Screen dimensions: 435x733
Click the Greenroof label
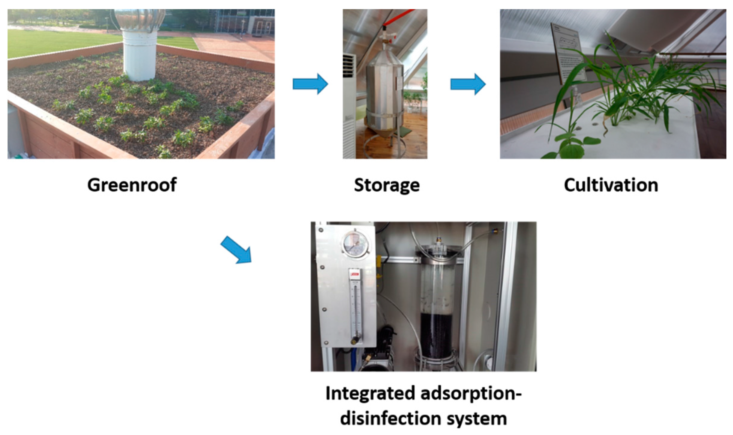click(x=132, y=185)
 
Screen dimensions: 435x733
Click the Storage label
click(x=387, y=185)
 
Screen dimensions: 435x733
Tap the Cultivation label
click(x=611, y=185)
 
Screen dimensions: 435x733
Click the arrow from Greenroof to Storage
click(x=310, y=84)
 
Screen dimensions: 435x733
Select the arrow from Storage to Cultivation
click(x=468, y=84)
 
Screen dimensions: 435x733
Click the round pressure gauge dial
click(x=355, y=243)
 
